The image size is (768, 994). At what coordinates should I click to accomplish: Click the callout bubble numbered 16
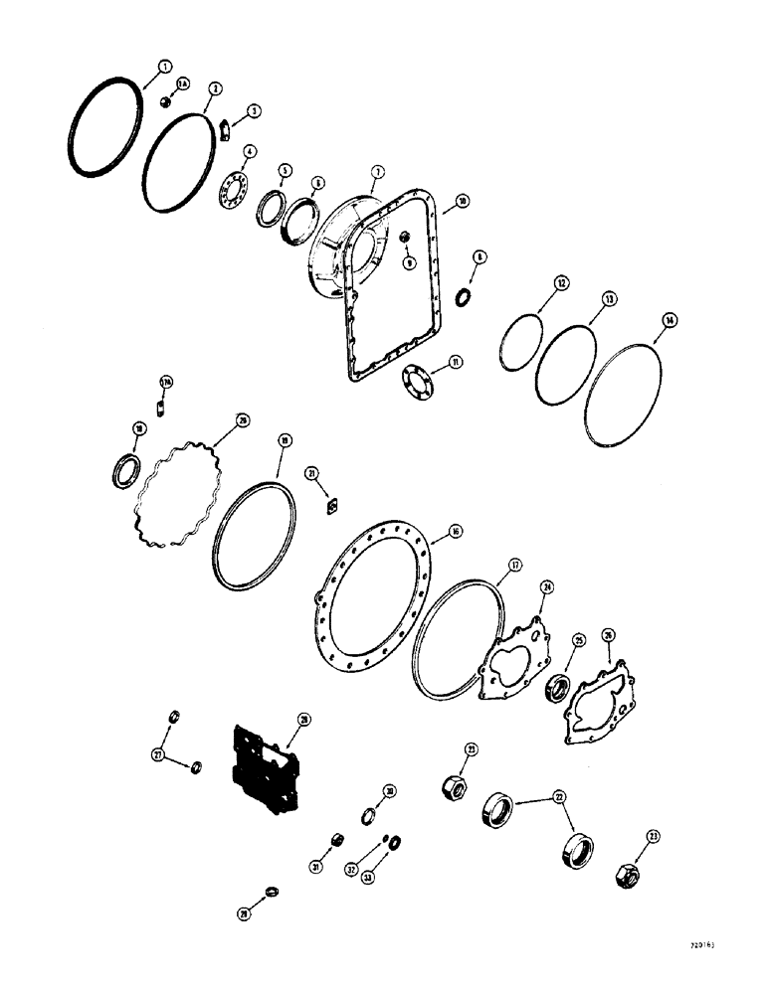point(456,532)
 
